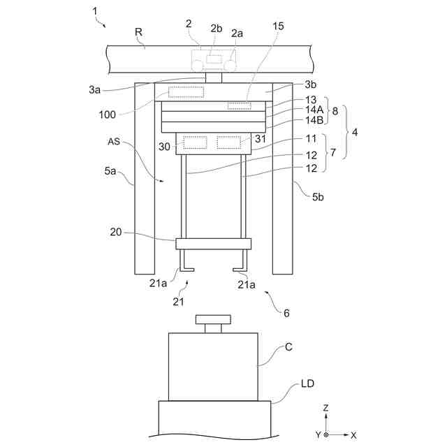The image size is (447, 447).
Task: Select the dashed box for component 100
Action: point(185,92)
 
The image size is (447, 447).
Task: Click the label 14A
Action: point(314,110)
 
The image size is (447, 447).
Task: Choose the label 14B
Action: point(314,120)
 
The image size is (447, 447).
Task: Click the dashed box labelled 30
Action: point(195,142)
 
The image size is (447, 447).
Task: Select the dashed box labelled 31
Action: point(228,142)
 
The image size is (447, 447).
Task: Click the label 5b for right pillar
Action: point(318,197)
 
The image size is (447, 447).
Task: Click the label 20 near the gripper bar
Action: point(116,233)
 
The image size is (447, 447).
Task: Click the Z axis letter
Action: point(326,406)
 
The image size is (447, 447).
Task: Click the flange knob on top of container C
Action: point(213,320)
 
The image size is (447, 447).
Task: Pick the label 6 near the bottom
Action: point(285,313)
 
